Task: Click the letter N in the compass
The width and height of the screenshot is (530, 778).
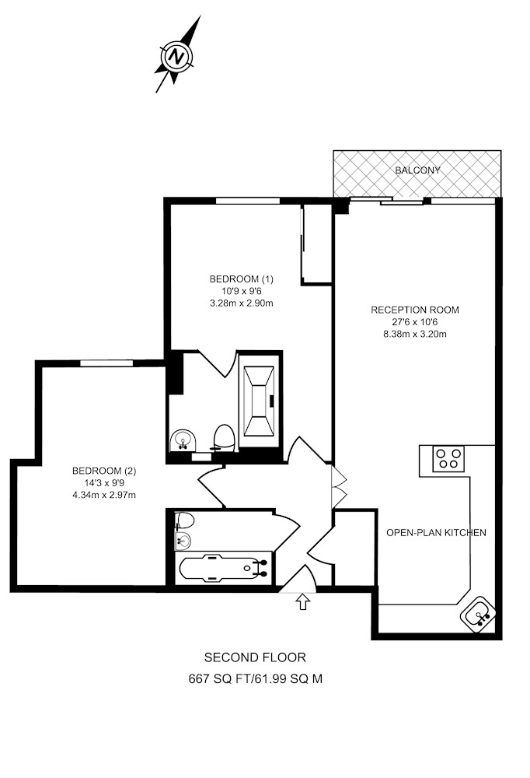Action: point(176,55)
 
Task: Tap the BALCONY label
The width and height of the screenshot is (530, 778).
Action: point(417,170)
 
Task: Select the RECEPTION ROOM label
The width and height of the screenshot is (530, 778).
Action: point(415,310)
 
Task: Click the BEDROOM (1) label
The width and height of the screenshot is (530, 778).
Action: point(242,279)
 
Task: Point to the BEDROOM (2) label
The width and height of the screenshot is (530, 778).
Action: point(104,471)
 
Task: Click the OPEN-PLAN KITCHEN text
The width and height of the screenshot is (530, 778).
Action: point(436,532)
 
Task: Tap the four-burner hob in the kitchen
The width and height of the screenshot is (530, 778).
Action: point(448,458)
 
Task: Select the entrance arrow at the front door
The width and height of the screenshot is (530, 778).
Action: point(303,602)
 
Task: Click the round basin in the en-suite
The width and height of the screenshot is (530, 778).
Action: point(183,440)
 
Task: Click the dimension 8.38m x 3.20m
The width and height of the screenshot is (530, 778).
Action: point(415,334)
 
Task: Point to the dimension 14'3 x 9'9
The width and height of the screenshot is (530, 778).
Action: point(103,482)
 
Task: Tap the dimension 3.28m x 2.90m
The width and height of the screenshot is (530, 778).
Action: point(242,303)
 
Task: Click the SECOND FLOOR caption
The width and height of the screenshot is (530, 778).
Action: point(255,657)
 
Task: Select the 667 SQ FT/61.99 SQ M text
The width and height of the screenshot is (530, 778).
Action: point(256,678)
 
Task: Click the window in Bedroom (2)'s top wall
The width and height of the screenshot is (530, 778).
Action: point(106,363)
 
